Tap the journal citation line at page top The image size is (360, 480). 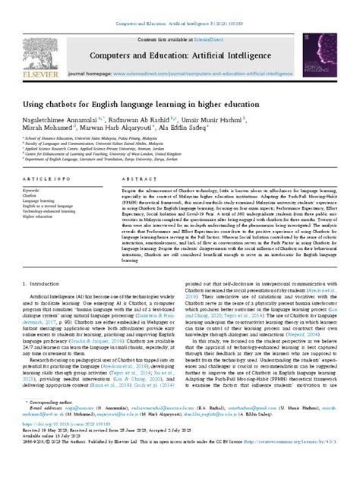(x=180, y=5)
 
